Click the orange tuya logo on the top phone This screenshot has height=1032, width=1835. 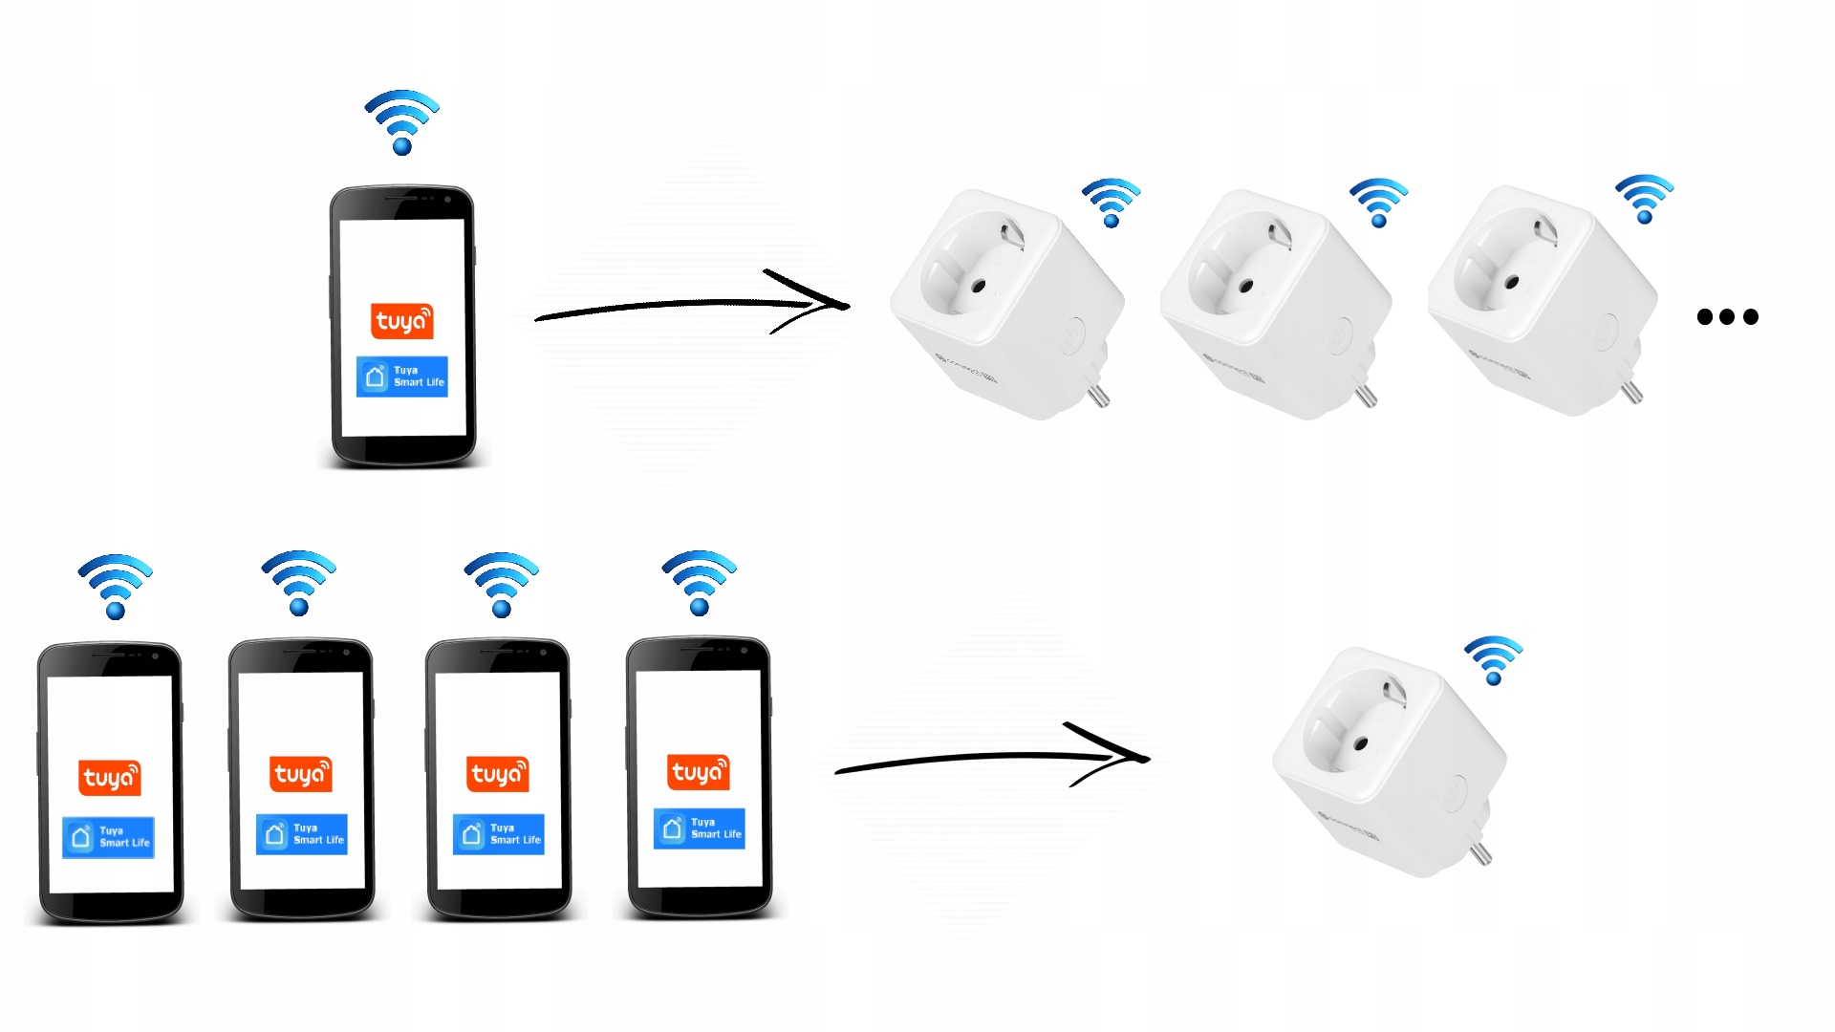point(402,321)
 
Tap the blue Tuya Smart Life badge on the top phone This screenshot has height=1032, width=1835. point(402,376)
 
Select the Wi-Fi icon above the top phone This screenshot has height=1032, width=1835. point(402,122)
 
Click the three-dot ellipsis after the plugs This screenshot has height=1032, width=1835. point(1727,316)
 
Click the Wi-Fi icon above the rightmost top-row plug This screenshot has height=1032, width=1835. point(1645,199)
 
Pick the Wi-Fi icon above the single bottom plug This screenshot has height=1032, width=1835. point(1494,660)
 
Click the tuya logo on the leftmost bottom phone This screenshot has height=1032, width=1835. point(110,778)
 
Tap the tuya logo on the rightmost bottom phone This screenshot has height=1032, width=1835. point(699,772)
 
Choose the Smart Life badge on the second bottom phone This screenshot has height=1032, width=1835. point(302,834)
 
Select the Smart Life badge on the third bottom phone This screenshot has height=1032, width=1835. point(499,834)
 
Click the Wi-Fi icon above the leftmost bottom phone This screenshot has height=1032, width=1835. point(116,586)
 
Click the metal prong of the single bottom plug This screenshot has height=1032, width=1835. point(1480,851)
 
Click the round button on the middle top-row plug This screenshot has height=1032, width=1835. point(1339,335)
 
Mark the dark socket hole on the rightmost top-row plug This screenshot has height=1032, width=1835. point(1512,283)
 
